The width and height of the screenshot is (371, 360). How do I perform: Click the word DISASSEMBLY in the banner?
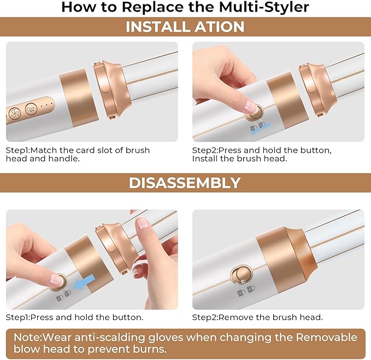pyautogui.click(x=185, y=183)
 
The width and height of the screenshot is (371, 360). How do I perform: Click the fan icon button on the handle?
pyautogui.click(x=15, y=113)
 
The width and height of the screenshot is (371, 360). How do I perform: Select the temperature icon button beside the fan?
pyautogui.click(x=32, y=109)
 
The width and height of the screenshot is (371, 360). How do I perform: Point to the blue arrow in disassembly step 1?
pyautogui.click(x=84, y=282)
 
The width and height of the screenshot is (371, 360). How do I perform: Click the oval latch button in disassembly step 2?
pyautogui.click(x=241, y=275)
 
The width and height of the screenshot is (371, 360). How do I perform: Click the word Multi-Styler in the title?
pyautogui.click(x=264, y=7)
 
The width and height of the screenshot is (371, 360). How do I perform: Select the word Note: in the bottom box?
pyautogui.click(x=28, y=337)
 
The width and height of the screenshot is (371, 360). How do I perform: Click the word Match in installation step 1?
pyautogui.click(x=44, y=150)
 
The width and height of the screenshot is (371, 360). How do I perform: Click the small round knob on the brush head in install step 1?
pyautogui.click(x=104, y=90)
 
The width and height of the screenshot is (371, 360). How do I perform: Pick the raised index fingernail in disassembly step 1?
pyautogui.click(x=143, y=223)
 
